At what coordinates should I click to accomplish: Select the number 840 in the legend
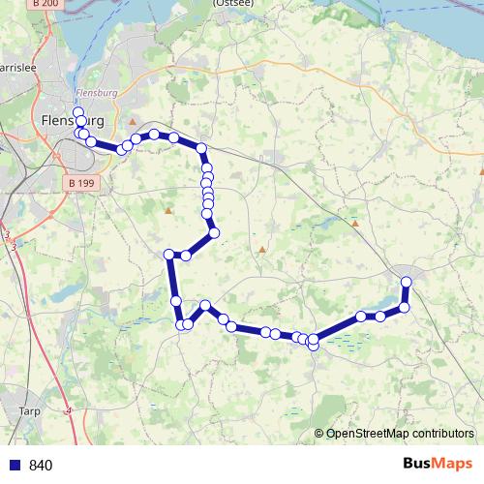tap(41, 465)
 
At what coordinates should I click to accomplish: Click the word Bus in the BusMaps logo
tap(418, 464)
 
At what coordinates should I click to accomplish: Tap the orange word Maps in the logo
tap(454, 464)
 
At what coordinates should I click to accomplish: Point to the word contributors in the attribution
tap(443, 434)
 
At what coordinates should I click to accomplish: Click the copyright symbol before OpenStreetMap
tap(319, 434)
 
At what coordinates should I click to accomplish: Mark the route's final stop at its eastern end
tap(407, 282)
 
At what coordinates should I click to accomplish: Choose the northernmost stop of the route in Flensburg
tap(78, 112)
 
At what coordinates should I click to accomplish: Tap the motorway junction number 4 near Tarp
tap(70, 410)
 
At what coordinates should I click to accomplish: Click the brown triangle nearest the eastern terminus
tap(355, 224)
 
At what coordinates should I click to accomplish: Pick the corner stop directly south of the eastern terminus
tap(405, 307)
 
